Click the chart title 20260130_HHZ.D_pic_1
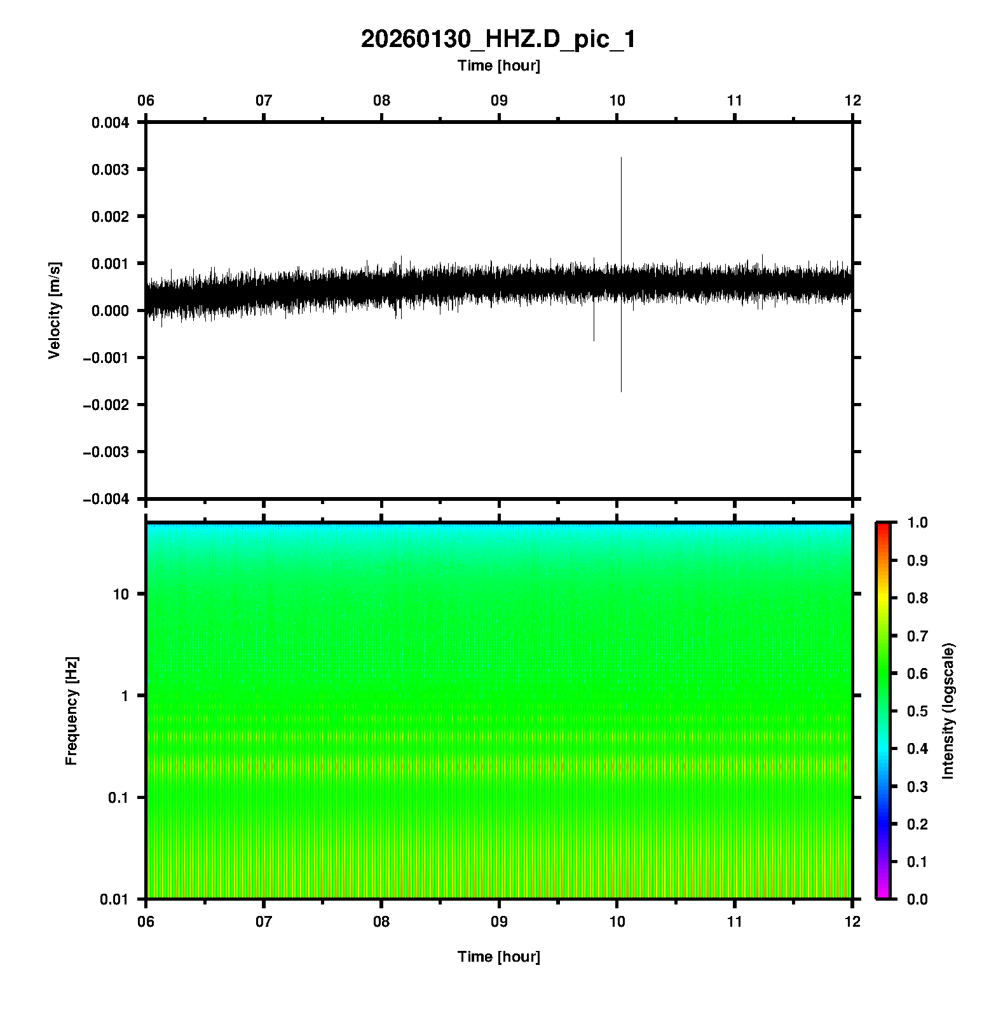tap(498, 39)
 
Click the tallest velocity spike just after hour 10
tap(621, 191)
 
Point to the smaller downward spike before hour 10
tap(594, 327)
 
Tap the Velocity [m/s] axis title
tap(55, 310)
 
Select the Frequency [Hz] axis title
tap(71, 711)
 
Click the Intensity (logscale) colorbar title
tap(948, 711)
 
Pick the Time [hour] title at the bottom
tap(498, 957)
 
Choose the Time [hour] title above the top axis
tap(498, 65)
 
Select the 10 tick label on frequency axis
tap(121, 594)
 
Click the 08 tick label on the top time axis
tap(381, 100)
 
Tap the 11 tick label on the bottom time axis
tap(735, 922)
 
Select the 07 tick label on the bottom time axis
tap(264, 922)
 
